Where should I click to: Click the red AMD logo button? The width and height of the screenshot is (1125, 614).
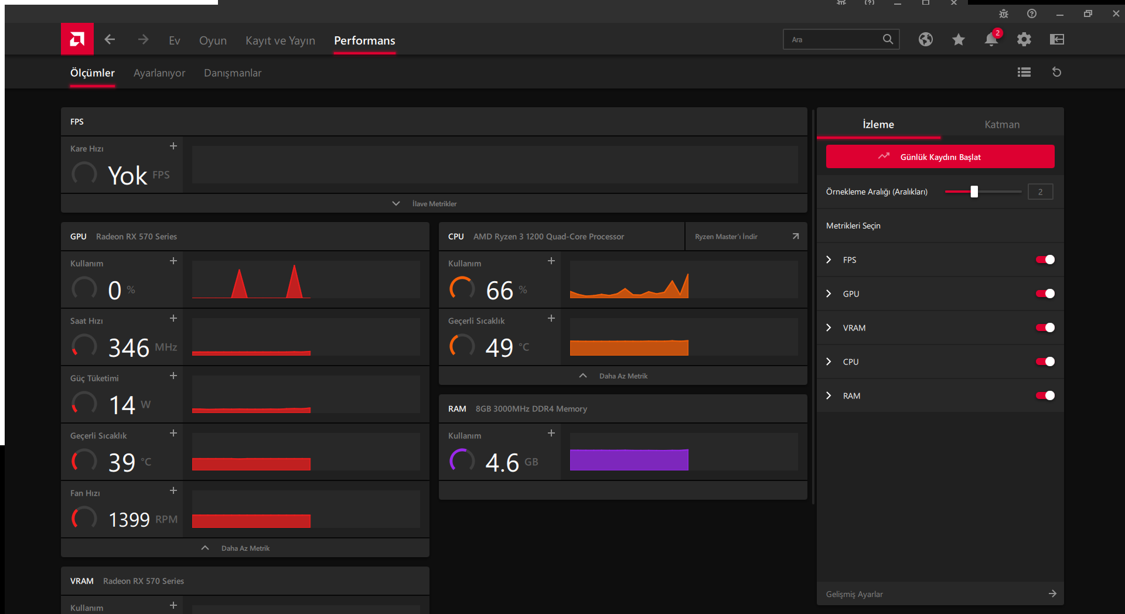pos(77,39)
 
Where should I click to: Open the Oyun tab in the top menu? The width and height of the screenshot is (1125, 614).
pos(213,40)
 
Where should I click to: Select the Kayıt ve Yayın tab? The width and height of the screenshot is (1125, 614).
pos(280,40)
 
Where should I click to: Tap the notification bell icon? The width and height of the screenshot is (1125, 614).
pos(991,39)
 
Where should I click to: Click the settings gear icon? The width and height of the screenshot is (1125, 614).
pos(1024,39)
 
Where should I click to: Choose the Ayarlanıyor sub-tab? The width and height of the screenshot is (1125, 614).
pos(159,73)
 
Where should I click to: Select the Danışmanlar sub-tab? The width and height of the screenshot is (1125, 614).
pos(233,73)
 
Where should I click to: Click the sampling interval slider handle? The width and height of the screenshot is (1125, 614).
pos(974,192)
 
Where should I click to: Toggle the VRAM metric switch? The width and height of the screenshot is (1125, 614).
pos(1045,328)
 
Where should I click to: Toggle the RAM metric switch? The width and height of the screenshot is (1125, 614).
pos(1045,395)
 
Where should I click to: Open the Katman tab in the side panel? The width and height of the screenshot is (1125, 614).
pos(1002,124)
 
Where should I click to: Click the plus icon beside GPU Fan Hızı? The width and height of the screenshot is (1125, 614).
pos(173,490)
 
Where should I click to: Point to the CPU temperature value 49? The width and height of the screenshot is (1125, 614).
pos(499,347)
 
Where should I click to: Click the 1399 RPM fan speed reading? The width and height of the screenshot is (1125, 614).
pos(129,519)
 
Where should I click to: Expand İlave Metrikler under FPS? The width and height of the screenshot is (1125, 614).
pos(434,204)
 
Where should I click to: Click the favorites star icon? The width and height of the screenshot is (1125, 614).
pos(959,39)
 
